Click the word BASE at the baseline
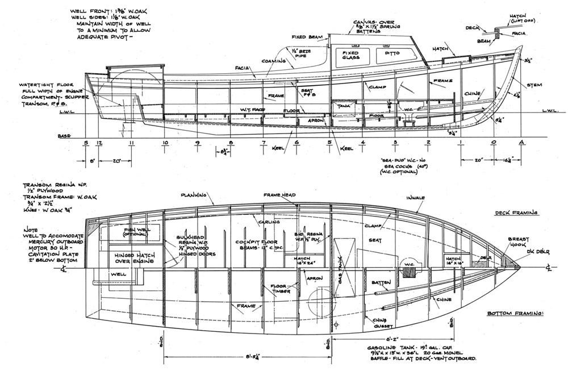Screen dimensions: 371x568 (x=64, y=136)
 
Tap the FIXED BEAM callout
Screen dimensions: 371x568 (x=307, y=37)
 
